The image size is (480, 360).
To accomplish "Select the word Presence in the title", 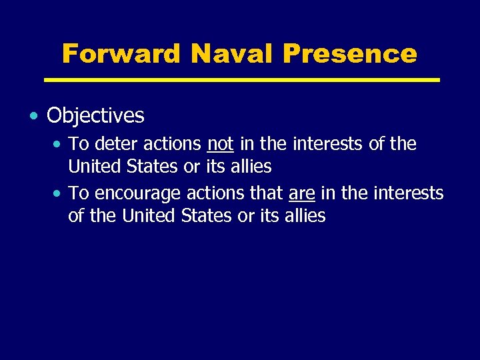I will [x=349, y=53].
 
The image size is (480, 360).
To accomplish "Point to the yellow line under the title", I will [x=242, y=80].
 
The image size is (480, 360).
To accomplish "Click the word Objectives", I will [x=95, y=116].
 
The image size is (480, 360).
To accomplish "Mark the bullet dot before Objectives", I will [x=34, y=116].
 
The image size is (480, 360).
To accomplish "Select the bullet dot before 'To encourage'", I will [x=59, y=194].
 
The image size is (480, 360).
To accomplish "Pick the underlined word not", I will [x=220, y=144].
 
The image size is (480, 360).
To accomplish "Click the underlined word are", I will [x=301, y=193].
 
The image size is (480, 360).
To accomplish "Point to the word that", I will [x=266, y=193].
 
